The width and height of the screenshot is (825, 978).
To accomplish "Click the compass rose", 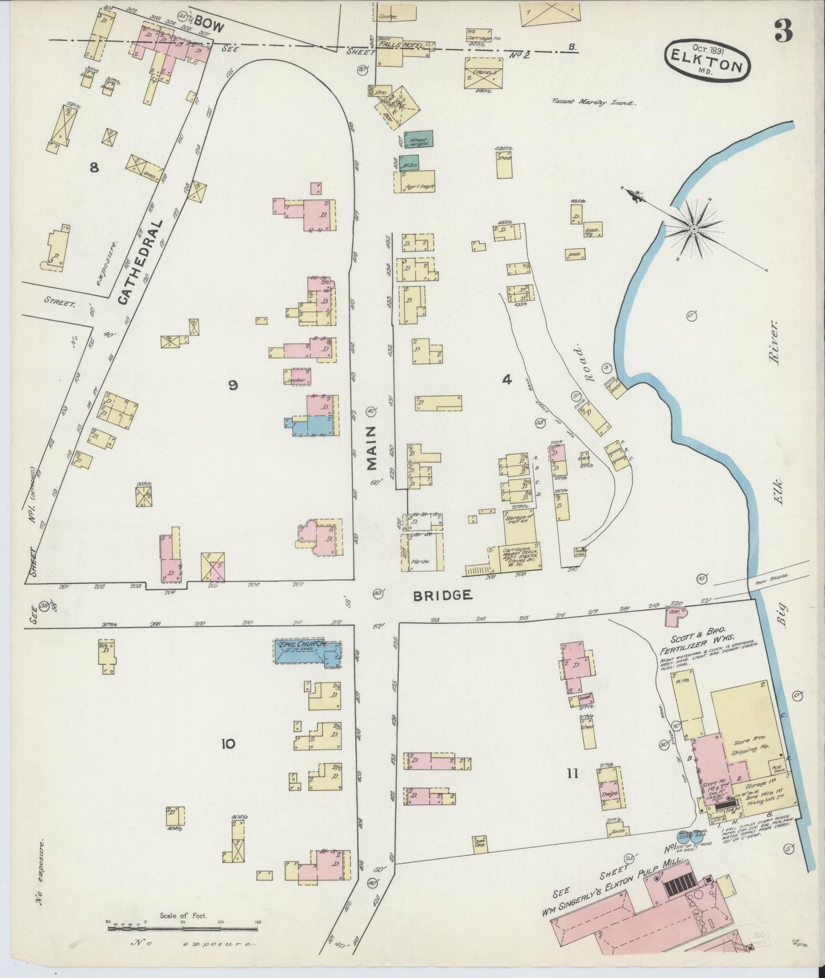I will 694,229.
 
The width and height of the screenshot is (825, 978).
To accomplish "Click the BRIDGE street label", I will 442,595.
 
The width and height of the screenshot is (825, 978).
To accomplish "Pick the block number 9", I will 232,386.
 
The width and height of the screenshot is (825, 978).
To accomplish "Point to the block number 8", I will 94,167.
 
